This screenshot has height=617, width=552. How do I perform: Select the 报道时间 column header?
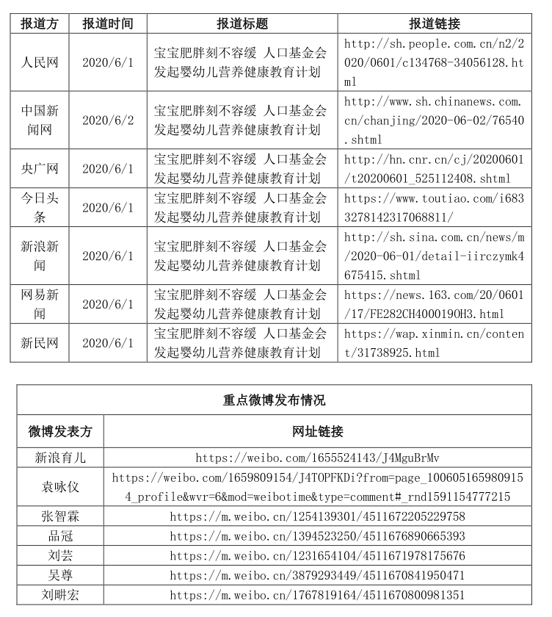[x=108, y=24]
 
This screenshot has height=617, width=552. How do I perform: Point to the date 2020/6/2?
[x=108, y=120]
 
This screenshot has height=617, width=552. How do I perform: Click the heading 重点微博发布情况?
[x=274, y=400]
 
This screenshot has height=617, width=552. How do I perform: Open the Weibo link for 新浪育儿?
[x=317, y=458]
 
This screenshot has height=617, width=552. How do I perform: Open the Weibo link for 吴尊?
[x=317, y=575]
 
